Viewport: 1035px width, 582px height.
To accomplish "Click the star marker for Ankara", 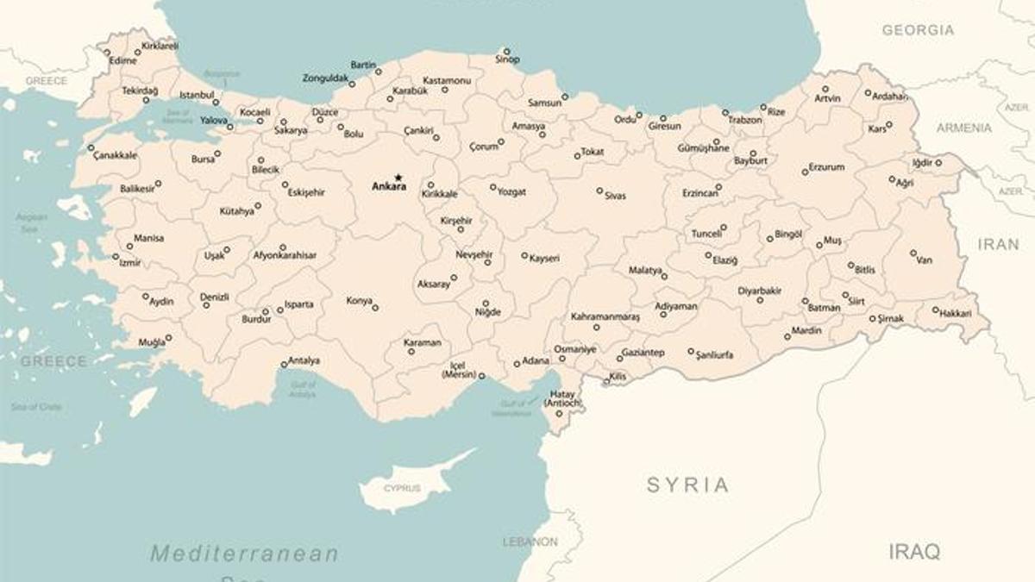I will [398, 178].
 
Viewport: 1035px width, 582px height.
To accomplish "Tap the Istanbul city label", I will [196, 95].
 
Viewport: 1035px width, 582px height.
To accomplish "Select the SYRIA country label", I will [687, 485].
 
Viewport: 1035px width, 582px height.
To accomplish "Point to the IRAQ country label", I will [914, 552].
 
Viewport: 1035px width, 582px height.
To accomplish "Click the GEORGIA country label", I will [918, 30].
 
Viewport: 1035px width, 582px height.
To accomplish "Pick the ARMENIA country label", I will [964, 128].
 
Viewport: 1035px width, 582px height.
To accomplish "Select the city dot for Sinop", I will [506, 51].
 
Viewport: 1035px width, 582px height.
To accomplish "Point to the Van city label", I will [924, 260].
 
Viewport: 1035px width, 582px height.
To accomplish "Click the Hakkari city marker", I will [935, 309].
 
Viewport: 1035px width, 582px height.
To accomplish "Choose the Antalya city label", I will [304, 360].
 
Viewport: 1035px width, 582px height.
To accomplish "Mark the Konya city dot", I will [375, 307].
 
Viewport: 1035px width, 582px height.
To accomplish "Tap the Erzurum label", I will [826, 167].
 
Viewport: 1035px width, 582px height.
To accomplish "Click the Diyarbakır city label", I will [759, 291].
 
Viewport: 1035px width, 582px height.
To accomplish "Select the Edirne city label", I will [123, 61].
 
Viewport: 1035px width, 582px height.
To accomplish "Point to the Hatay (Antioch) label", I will [561, 399].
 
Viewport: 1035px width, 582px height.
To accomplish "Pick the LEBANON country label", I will [530, 541].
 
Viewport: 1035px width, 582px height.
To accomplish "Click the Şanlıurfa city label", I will [715, 354].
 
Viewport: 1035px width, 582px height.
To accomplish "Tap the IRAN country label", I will [998, 244].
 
